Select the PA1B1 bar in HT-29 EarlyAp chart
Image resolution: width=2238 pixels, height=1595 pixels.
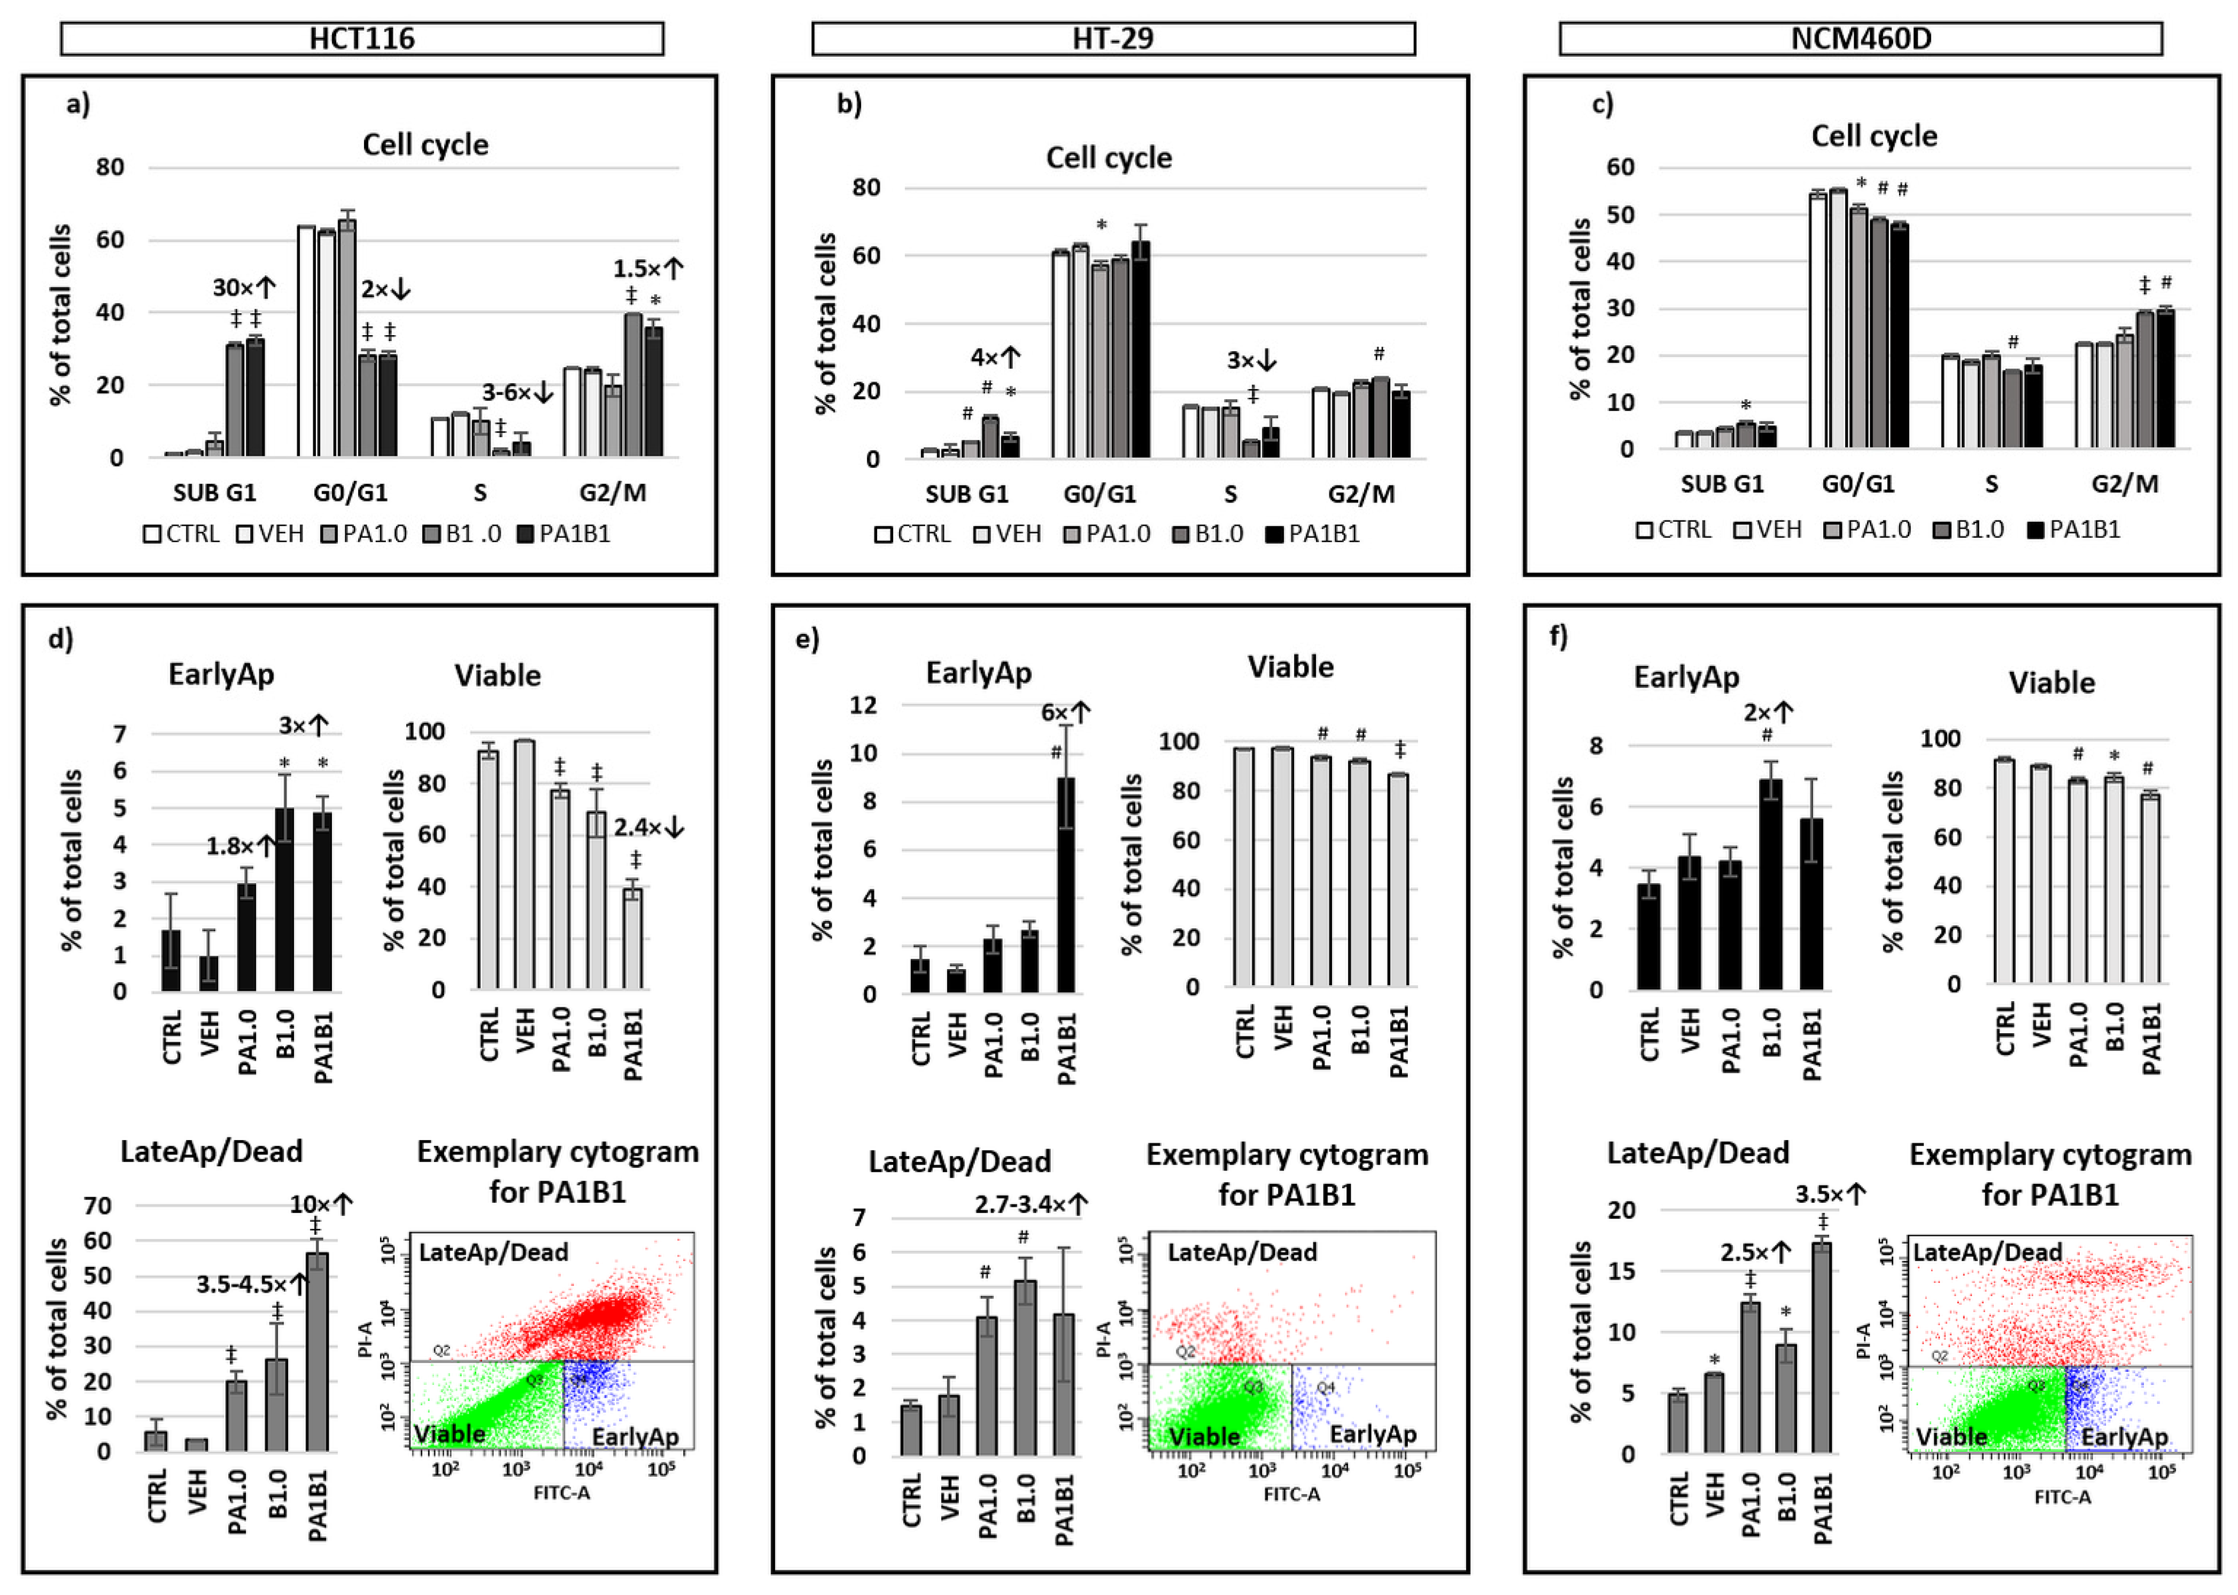click(x=1065, y=884)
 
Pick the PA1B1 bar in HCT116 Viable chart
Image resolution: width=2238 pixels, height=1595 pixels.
click(x=633, y=938)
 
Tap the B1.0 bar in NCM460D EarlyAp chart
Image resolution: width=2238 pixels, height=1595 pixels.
click(x=1770, y=884)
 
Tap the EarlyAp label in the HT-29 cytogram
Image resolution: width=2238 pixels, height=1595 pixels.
click(x=1372, y=1434)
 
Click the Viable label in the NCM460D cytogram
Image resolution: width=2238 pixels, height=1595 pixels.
click(x=1952, y=1436)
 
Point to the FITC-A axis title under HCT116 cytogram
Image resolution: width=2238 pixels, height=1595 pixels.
click(x=561, y=1493)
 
